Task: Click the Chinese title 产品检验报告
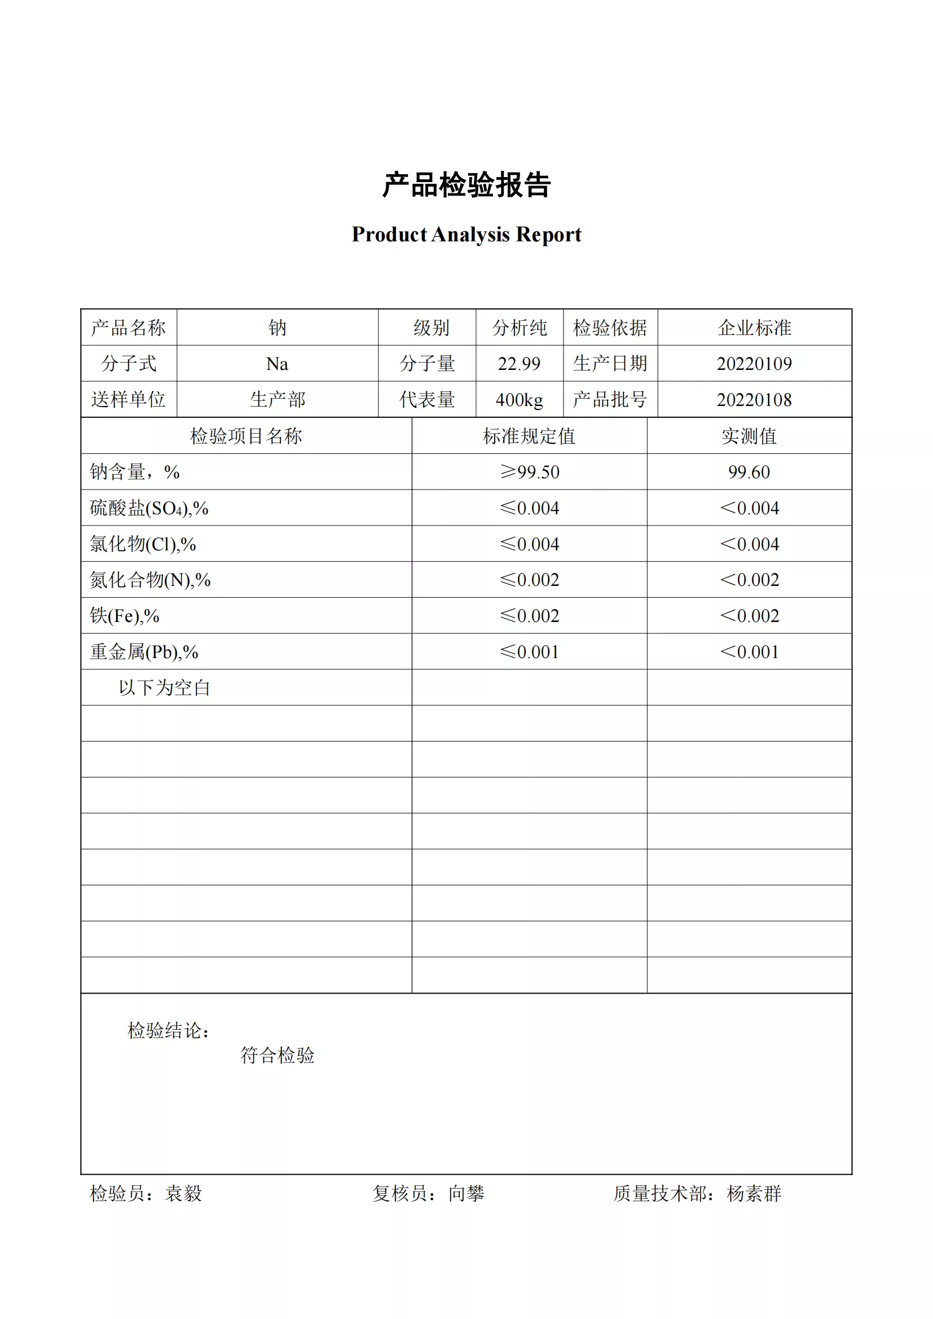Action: click(466, 185)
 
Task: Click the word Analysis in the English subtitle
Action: click(470, 235)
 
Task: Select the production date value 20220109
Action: click(754, 364)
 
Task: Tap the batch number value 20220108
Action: click(754, 400)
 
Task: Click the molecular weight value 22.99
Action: click(519, 364)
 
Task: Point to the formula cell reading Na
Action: click(277, 364)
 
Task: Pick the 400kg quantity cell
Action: click(519, 400)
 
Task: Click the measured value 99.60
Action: click(749, 472)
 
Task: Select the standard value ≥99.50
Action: click(529, 472)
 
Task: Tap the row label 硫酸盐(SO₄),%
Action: click(149, 509)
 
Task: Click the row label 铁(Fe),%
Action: click(124, 616)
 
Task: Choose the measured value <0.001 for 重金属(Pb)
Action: click(749, 652)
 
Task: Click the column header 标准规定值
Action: click(529, 436)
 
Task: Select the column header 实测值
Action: click(749, 436)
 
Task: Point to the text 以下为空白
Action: click(164, 687)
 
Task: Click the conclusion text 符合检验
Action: click(277, 1055)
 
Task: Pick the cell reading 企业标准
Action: click(754, 328)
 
